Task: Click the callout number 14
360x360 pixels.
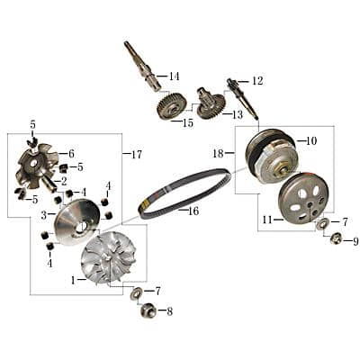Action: point(174,76)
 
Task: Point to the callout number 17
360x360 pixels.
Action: point(137,155)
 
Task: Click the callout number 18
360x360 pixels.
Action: point(218,154)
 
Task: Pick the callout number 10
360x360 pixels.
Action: point(311,141)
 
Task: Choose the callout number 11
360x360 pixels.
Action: point(266,220)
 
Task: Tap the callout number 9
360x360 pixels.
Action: point(355,241)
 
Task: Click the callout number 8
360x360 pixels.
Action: point(169,311)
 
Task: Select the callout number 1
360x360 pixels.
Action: point(73,279)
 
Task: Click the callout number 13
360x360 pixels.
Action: point(238,115)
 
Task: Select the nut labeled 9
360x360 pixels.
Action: point(336,238)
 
